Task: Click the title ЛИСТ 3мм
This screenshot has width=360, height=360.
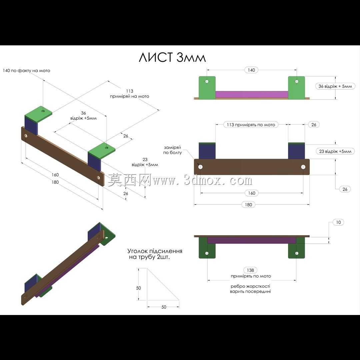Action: click(x=172, y=57)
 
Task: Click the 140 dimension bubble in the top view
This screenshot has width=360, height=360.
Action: click(x=251, y=70)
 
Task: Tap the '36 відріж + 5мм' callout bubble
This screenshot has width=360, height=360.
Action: click(x=335, y=86)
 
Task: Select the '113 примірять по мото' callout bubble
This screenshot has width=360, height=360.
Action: click(x=251, y=125)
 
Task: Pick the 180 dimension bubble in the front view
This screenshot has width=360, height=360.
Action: click(x=248, y=205)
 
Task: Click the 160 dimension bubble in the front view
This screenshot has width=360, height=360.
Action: click(x=252, y=193)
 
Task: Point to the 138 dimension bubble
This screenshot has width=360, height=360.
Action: click(x=250, y=270)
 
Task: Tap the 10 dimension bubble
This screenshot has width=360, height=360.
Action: click(x=338, y=222)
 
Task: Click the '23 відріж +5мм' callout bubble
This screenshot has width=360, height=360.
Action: click(x=335, y=151)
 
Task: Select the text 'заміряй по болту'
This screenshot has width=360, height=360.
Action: click(x=172, y=150)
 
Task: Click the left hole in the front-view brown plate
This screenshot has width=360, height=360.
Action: click(x=200, y=167)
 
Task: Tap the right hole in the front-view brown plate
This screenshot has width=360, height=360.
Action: click(x=303, y=167)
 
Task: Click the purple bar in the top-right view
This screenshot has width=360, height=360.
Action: click(x=252, y=94)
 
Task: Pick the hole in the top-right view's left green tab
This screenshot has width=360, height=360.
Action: click(x=207, y=81)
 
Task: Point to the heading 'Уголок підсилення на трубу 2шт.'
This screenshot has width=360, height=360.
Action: click(x=155, y=254)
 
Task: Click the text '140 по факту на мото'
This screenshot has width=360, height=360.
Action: click(x=26, y=70)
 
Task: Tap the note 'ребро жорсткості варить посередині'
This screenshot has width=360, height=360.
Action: click(x=250, y=289)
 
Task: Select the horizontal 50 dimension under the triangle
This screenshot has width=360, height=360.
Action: click(x=163, y=307)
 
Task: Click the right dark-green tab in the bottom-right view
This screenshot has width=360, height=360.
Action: click(x=297, y=248)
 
